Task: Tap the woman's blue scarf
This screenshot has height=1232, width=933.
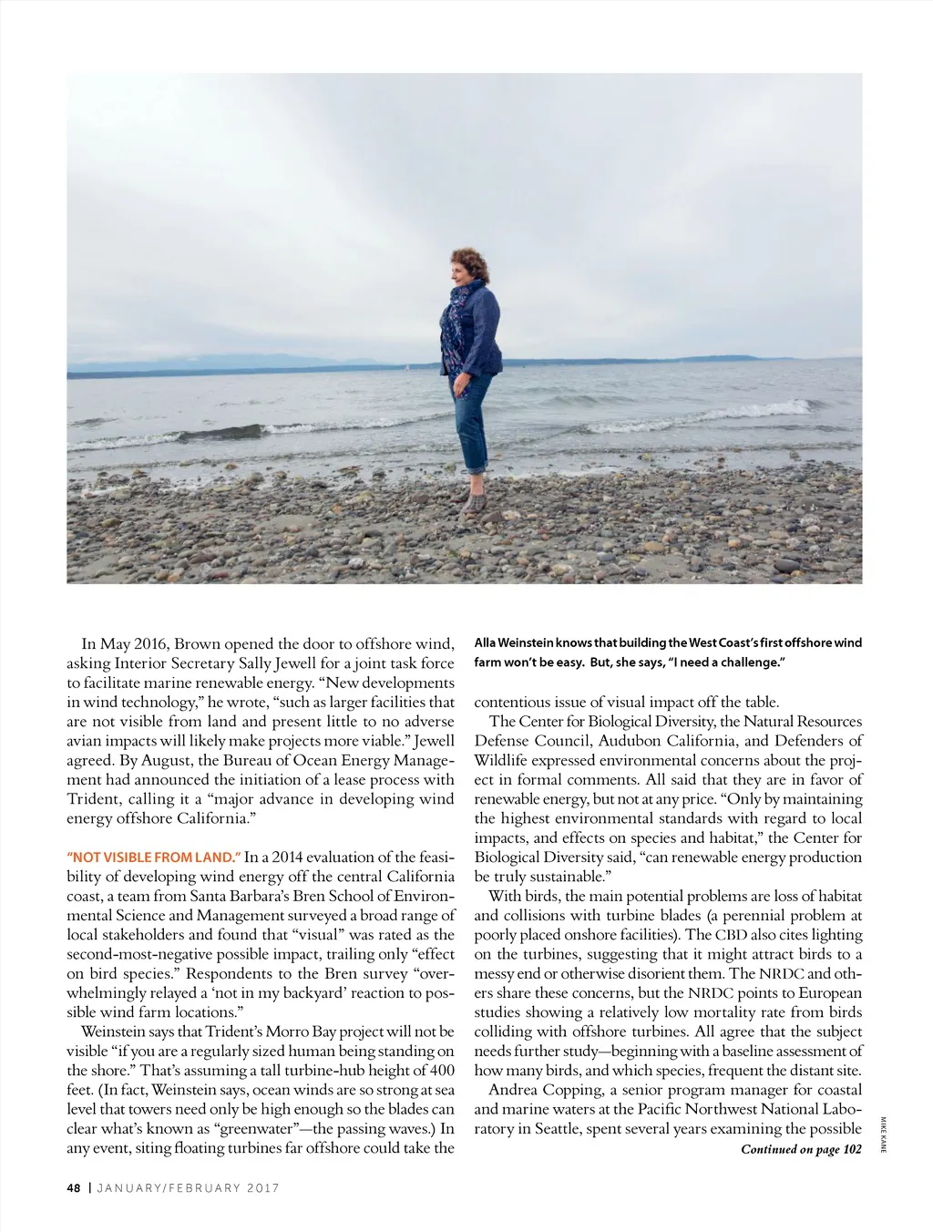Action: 460,305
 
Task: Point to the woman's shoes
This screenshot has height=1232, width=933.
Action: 474,503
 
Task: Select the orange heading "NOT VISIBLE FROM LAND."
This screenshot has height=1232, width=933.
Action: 154,857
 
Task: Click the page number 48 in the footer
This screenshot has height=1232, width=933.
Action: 74,1188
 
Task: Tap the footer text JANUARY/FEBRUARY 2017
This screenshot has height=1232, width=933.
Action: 189,1188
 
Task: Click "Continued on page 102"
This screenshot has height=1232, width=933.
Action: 801,1149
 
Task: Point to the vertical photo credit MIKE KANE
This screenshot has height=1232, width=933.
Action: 883,1134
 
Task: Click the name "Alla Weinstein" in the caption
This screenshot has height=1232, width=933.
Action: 514,643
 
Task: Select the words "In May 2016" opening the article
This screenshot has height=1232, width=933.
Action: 124,644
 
